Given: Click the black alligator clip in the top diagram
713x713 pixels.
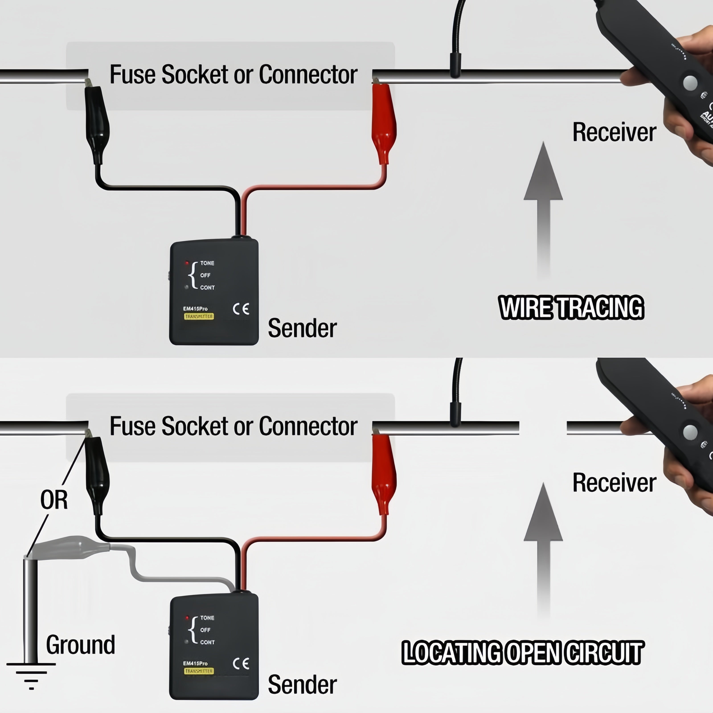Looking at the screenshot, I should (x=97, y=122).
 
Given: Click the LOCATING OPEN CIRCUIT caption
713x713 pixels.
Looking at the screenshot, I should (x=522, y=652).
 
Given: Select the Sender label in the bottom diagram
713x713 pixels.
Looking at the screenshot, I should (x=302, y=684).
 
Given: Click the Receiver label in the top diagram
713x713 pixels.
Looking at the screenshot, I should (x=614, y=132).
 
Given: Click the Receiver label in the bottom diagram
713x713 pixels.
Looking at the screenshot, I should (x=614, y=483).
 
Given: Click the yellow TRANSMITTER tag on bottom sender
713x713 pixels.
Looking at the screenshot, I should (x=199, y=671).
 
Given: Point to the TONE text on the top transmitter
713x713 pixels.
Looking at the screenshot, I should (x=207, y=263).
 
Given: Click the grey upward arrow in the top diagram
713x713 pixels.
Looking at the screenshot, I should (x=543, y=207).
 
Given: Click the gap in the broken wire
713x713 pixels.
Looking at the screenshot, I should (x=543, y=427).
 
